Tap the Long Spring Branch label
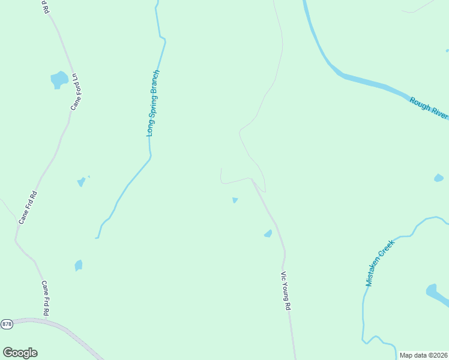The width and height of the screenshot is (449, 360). [154, 103]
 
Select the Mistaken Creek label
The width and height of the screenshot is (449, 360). [379, 263]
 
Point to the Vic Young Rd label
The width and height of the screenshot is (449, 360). [286, 290]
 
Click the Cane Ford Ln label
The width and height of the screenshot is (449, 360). [76, 92]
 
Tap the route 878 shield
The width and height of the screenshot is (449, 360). [7, 324]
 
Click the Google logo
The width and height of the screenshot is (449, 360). [20, 353]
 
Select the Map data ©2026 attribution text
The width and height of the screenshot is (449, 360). [424, 355]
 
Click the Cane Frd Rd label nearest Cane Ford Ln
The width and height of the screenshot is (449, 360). [28, 207]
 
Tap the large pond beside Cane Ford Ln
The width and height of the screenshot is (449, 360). [59, 79]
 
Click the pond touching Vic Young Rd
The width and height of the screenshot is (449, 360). [268, 233]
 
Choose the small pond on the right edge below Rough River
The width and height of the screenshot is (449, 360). [438, 178]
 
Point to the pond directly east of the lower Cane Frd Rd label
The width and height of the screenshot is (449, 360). [78, 265]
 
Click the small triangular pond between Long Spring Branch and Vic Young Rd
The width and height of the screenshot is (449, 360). [235, 200]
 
